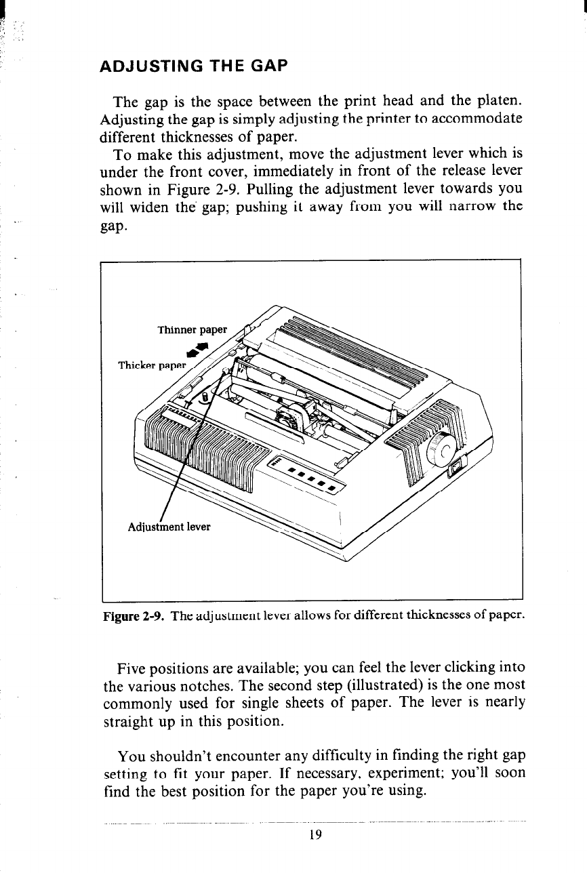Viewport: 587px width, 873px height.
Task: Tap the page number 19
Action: (312, 834)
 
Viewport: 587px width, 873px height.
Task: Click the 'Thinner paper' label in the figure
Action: (193, 330)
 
